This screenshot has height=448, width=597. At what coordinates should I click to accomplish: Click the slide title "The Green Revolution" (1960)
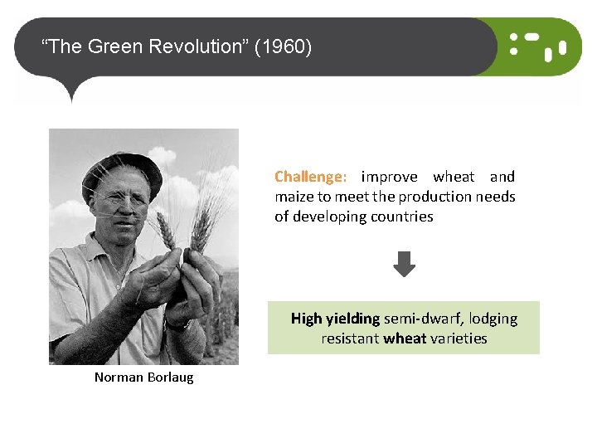(x=177, y=46)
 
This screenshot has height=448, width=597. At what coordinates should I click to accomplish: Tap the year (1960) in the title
(x=284, y=46)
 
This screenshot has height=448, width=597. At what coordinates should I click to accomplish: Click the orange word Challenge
(x=308, y=177)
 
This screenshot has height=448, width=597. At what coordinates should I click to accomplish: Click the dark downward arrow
(x=404, y=265)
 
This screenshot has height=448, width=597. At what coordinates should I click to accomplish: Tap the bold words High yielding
(x=335, y=319)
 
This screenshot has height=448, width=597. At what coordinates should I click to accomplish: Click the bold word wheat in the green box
(x=406, y=338)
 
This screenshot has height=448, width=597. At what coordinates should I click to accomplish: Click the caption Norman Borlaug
(x=143, y=377)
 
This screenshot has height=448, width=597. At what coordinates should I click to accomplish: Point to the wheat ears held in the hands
(x=182, y=228)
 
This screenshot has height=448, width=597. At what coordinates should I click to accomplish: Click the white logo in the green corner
(x=537, y=46)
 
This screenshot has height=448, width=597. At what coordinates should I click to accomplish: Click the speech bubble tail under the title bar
(x=72, y=90)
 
